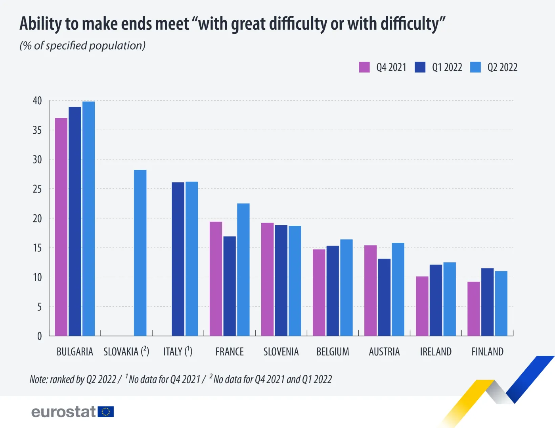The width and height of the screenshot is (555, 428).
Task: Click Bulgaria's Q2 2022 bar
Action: pyautogui.click(x=88, y=219)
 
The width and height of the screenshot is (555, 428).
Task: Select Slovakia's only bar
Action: pyautogui.click(x=140, y=253)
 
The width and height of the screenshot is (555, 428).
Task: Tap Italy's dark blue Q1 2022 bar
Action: pyautogui.click(x=178, y=259)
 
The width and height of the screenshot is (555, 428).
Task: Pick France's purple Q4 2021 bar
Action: pyautogui.click(x=216, y=278)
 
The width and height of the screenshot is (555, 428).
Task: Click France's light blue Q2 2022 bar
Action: pyautogui.click(x=243, y=269)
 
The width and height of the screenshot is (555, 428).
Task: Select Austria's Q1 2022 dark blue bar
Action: pyautogui.click(x=384, y=297)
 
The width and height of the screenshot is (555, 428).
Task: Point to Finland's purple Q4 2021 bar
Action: pyautogui.click(x=473, y=309)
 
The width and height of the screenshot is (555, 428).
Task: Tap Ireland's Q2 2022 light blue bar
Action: pyautogui.click(x=450, y=299)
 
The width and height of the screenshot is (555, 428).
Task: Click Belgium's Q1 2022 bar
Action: pyautogui.click(x=333, y=291)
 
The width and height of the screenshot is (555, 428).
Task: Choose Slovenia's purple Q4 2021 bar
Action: pyautogui.click(x=267, y=279)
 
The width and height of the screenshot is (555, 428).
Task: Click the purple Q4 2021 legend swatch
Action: pyautogui.click(x=364, y=67)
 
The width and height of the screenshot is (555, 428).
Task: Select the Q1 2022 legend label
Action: pyautogui.click(x=447, y=67)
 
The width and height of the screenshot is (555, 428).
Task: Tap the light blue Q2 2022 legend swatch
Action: pyautogui.click(x=475, y=67)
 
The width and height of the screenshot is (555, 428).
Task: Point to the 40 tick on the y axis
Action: pyautogui.click(x=37, y=101)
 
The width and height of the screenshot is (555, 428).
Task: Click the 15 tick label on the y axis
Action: pyautogui.click(x=37, y=248)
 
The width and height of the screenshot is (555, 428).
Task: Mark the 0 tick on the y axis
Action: pyautogui.click(x=39, y=336)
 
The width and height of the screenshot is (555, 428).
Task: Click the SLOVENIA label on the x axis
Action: pyautogui.click(x=281, y=352)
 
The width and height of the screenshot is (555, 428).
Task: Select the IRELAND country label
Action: pyautogui.click(x=436, y=352)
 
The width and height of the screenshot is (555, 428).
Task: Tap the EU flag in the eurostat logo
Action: pyautogui.click(x=106, y=412)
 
